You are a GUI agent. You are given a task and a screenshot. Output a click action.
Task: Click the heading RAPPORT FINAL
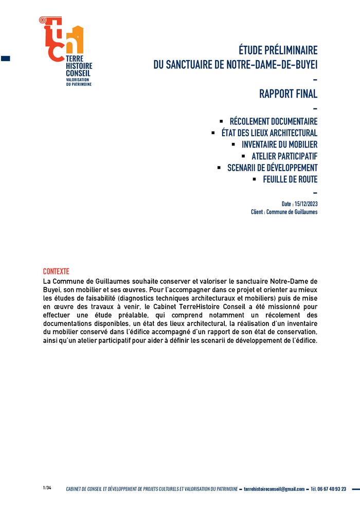coord(288,94)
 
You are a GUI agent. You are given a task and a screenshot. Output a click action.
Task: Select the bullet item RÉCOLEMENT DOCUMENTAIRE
coord(273,121)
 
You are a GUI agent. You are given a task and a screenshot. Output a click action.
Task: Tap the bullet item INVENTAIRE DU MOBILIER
coord(279,144)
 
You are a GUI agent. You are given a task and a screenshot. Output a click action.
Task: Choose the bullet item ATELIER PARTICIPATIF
coord(284,156)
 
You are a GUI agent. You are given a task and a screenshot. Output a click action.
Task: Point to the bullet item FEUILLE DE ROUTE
coord(290,179)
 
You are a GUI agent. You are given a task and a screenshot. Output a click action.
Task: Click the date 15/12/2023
coord(306,204)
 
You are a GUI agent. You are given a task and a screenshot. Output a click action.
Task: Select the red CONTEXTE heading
coord(56,271)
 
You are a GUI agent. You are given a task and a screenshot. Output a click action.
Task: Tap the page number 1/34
coord(47,488)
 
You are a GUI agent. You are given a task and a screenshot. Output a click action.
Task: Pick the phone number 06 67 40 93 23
coord(332,489)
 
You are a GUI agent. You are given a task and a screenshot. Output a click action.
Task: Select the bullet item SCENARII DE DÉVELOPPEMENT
coord(272,168)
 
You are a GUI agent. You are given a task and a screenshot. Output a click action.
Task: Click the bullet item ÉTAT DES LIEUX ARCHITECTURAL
coord(269,133)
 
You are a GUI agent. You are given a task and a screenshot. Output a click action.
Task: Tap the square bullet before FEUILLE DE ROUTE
coord(254,179)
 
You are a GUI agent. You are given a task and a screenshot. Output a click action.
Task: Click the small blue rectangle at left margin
coord(6,59)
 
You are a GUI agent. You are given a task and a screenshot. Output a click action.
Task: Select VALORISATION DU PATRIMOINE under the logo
coord(79,82)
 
